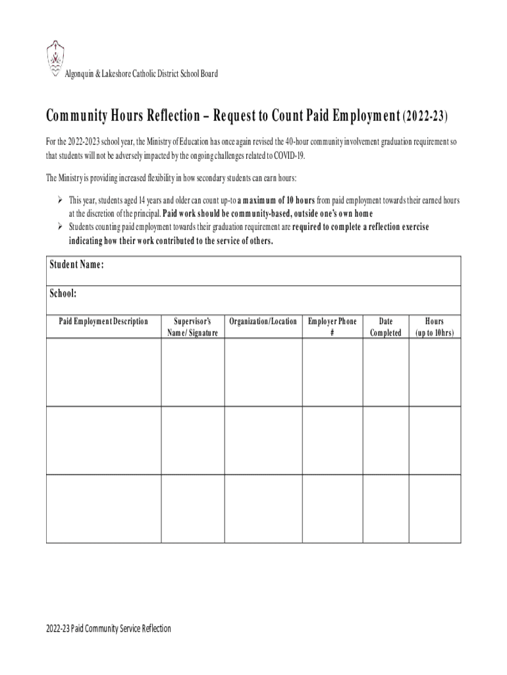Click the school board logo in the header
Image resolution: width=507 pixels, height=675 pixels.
point(55,59)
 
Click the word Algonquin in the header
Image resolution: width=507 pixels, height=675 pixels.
point(80,73)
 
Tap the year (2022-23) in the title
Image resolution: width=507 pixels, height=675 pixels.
point(425,117)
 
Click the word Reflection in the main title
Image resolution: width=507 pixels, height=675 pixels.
point(167,117)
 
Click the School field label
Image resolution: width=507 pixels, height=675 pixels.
point(63,293)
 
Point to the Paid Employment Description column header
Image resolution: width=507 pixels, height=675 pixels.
point(103,322)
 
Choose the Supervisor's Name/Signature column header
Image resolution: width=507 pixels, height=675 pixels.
point(192,327)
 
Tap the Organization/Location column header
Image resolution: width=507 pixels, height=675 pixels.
point(263,322)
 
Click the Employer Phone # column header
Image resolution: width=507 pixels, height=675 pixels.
point(333,327)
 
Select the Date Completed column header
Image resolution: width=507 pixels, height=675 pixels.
point(385,327)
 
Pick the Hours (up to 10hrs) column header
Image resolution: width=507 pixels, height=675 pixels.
point(435,327)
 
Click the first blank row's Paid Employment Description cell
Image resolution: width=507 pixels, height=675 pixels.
point(103,372)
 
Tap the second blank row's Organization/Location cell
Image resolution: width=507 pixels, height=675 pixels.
point(263,440)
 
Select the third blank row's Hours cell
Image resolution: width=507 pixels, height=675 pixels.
point(435,508)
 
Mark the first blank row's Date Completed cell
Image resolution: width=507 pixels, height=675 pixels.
point(385,372)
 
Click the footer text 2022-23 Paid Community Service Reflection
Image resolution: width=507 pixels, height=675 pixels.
point(109,629)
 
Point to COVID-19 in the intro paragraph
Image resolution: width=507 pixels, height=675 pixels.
point(289,156)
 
